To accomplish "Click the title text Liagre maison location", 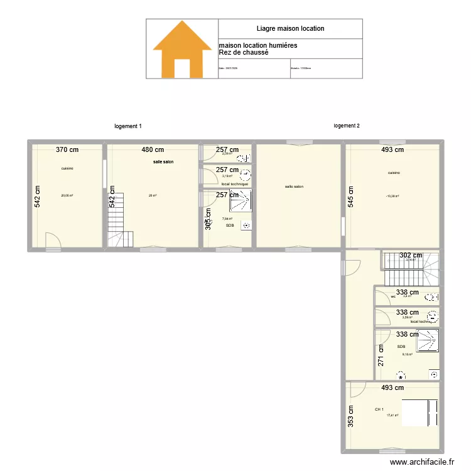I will (x=290, y=28).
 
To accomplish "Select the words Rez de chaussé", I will (x=243, y=53).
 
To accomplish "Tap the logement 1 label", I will (x=128, y=126).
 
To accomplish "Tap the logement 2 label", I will (x=347, y=126).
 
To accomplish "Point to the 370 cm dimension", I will (x=67, y=149).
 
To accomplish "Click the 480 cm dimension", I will (x=152, y=149).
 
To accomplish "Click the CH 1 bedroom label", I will (x=379, y=409).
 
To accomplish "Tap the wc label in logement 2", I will (x=393, y=296).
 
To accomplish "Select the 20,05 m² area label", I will (x=67, y=195).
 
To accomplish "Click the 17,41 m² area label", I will (x=392, y=415).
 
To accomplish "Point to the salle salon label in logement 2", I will (x=294, y=186).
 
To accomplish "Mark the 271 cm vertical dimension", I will (x=381, y=357).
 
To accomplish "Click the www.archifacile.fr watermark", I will (x=421, y=462).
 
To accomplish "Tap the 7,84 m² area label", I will (x=227, y=219).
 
